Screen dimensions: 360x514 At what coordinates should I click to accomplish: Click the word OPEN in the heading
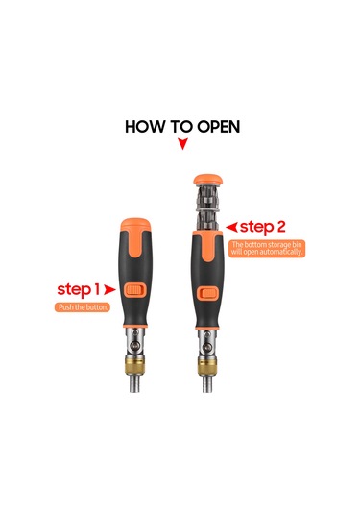[x=219, y=127]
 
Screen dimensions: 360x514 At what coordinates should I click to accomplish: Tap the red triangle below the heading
[x=182, y=143]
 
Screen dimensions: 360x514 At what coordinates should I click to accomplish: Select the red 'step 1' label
[x=78, y=290]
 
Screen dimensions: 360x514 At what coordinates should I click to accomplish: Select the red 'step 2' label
[x=262, y=227]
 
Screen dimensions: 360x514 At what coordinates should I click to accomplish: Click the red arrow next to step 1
[x=109, y=290]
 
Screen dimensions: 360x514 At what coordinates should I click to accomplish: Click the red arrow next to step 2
[x=231, y=227]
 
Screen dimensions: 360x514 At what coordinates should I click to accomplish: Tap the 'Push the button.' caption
[x=83, y=307]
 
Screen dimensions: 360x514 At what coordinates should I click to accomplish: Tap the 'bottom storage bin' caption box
[x=267, y=249]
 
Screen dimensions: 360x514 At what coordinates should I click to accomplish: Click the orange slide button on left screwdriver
[x=135, y=290]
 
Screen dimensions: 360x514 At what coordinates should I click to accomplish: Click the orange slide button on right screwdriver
[x=208, y=293]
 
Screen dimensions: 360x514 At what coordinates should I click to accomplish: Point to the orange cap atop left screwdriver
[x=135, y=225]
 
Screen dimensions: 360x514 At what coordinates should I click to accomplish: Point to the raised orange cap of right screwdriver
[x=208, y=180]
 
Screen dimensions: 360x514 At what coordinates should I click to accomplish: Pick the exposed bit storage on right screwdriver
[x=208, y=208]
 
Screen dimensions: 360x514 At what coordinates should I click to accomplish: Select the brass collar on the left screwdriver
[x=135, y=366]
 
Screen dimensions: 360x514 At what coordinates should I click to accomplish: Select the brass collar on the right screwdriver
[x=208, y=366]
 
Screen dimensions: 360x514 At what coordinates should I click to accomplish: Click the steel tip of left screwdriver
[x=135, y=383]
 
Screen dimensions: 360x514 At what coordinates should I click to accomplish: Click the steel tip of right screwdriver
[x=208, y=384]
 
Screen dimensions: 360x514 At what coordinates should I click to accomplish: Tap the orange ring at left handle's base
[x=135, y=326]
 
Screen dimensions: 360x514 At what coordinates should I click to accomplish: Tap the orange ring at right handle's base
[x=208, y=328]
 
